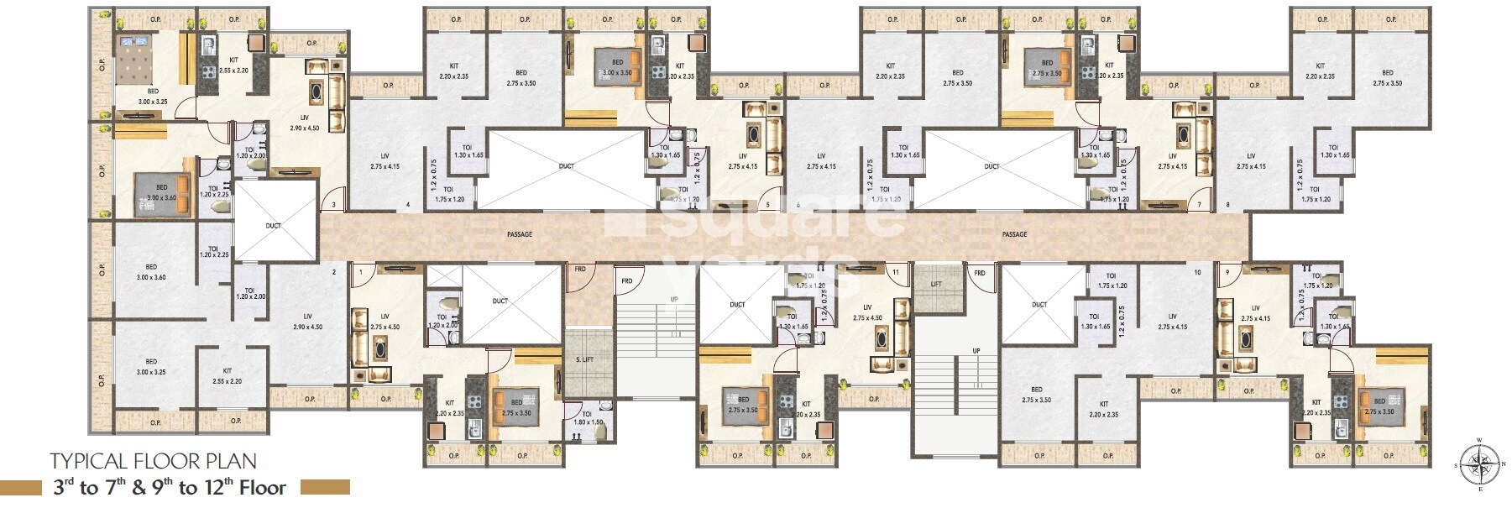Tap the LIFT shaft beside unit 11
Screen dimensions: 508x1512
936,285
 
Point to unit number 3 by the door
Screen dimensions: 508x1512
333,205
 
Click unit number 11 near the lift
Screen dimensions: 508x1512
897,272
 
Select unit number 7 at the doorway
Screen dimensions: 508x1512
1200,205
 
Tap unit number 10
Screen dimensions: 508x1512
1197,272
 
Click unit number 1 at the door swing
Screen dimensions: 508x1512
361,272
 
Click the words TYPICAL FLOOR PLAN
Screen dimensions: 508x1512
154,461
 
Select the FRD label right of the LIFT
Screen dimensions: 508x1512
979,273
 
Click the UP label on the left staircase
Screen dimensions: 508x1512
673,300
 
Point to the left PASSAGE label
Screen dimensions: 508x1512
520,234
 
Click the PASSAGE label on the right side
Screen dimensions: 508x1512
1015,234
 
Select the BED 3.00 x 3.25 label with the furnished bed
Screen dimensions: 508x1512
153,95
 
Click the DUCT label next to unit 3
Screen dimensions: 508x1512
274,226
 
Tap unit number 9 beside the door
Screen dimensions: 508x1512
1227,272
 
